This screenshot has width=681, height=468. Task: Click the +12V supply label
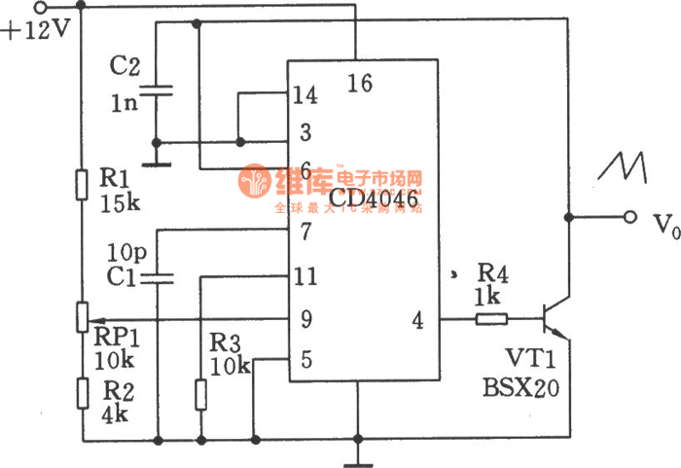[36, 28]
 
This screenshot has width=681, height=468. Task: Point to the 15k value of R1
[120, 203]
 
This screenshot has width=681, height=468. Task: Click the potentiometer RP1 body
[81, 317]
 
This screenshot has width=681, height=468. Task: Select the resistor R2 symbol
[81, 395]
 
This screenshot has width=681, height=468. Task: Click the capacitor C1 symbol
[156, 279]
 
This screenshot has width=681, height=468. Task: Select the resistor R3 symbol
[200, 394]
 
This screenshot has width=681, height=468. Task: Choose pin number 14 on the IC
[305, 95]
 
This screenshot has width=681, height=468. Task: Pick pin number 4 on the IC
[417, 318]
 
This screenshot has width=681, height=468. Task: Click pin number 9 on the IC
[305, 318]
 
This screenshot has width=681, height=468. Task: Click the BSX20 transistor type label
[520, 387]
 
